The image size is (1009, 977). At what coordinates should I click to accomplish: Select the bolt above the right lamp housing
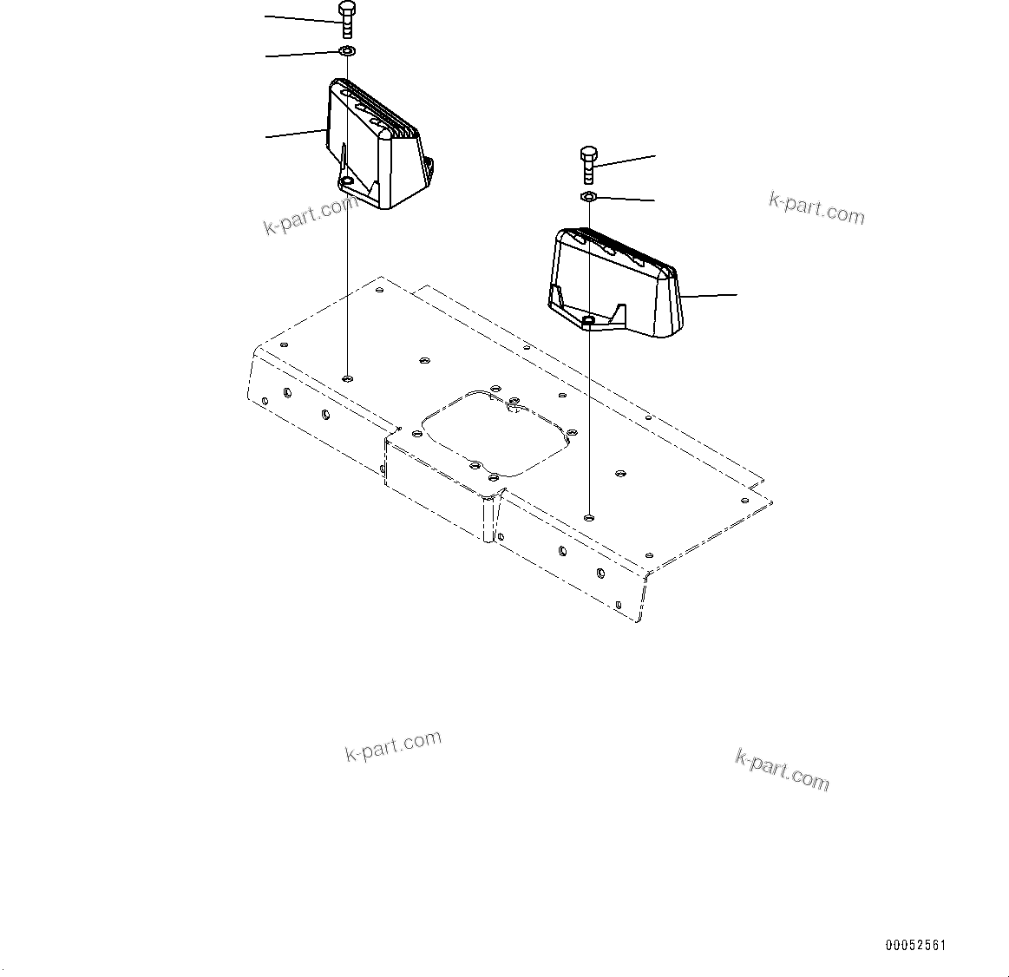tap(587, 166)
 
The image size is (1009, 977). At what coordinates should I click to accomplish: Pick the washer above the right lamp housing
tap(587, 198)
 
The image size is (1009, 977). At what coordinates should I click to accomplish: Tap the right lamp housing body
tap(616, 278)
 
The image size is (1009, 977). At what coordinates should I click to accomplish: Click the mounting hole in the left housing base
tap(347, 180)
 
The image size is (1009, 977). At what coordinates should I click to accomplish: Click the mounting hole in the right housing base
tap(588, 321)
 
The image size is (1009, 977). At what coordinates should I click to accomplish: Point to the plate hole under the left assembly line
tap(347, 378)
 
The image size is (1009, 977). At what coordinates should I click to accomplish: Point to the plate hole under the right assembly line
tap(589, 517)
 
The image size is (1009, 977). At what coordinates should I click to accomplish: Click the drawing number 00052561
tap(915, 945)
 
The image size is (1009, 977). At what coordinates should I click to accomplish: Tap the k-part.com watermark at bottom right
tap(782, 770)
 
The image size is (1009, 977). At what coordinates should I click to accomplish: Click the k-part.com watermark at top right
tap(816, 208)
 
